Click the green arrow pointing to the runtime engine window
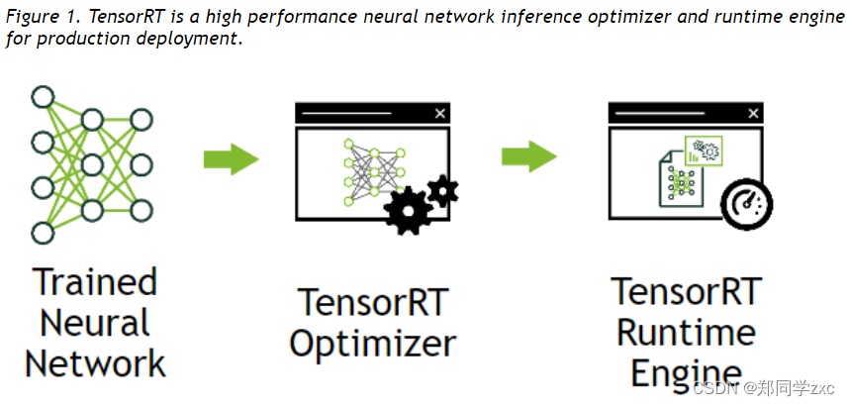pos(528,156)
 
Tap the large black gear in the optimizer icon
pos(407,210)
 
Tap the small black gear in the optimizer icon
pos(441,189)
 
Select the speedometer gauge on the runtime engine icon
pos(747,205)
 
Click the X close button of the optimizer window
pos(439,114)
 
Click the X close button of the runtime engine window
pos(753,114)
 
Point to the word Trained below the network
pos(95,282)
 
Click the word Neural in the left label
pos(95,323)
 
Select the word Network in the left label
pos(95,363)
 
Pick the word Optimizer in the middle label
pos(373,344)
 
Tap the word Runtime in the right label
pos(686,333)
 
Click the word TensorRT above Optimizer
pos(373,301)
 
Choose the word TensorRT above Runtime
pos(686,292)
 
